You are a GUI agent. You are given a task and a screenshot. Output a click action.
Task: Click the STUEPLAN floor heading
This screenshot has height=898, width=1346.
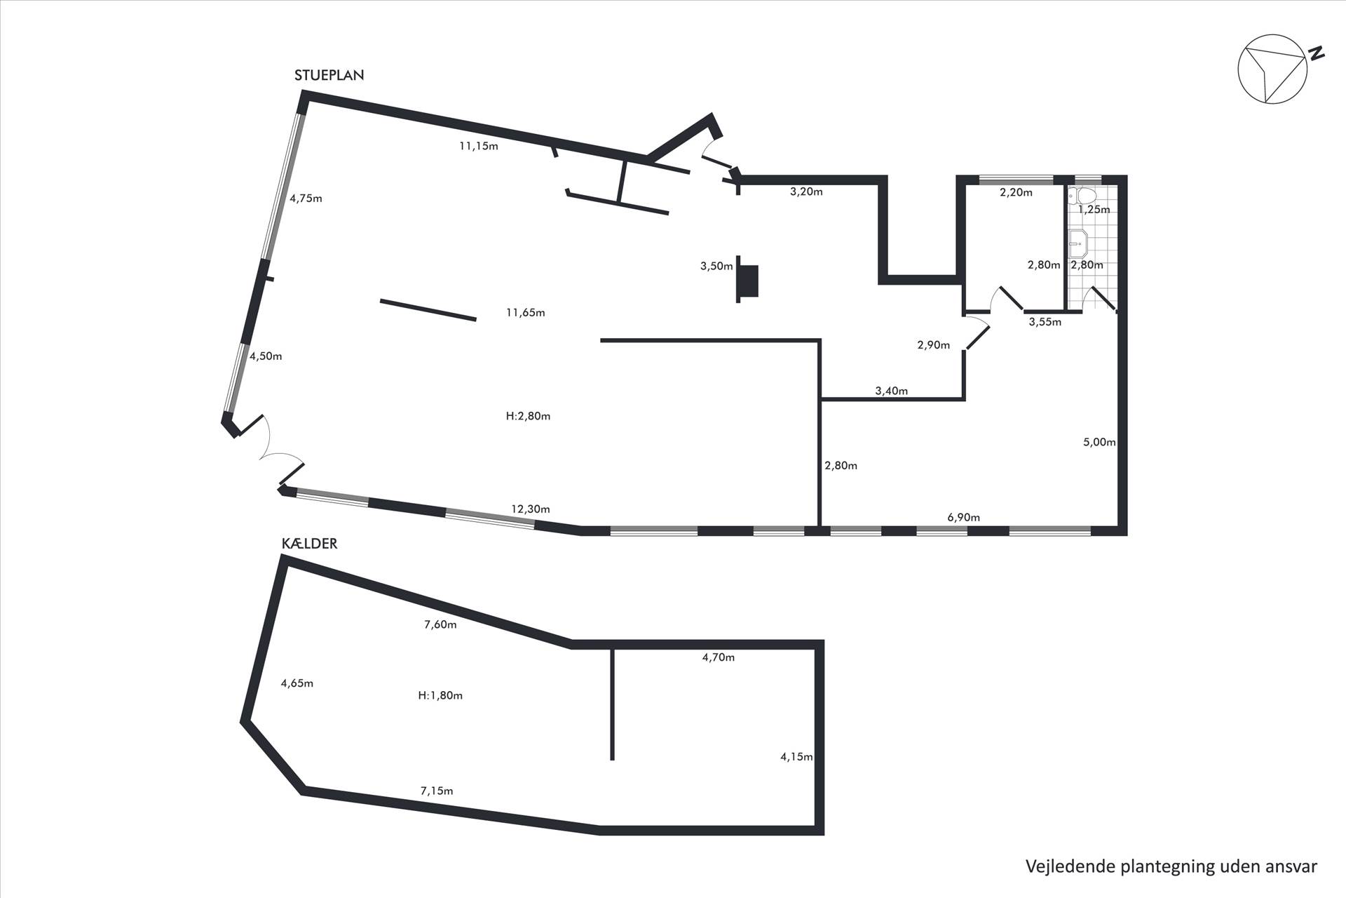(x=329, y=75)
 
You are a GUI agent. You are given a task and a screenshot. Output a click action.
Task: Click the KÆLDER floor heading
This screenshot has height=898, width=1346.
(x=309, y=544)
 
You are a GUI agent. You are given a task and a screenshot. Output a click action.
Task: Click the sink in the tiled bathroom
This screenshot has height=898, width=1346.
(x=1078, y=242)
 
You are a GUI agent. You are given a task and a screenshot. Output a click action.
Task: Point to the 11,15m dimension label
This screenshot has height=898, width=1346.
(x=479, y=147)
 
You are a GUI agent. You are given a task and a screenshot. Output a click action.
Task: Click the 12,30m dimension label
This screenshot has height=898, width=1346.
(x=531, y=509)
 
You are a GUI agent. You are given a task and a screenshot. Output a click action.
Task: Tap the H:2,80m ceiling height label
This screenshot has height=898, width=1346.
(x=528, y=416)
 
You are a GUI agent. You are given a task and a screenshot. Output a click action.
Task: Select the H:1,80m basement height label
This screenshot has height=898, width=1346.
(x=440, y=695)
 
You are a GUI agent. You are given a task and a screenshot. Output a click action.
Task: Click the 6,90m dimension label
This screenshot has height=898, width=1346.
(x=963, y=518)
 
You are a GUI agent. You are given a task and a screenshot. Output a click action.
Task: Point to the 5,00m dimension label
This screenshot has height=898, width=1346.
(x=1099, y=442)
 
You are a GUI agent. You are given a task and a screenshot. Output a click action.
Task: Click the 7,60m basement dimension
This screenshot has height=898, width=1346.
(x=440, y=624)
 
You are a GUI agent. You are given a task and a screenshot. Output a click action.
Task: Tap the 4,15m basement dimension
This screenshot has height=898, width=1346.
(x=796, y=756)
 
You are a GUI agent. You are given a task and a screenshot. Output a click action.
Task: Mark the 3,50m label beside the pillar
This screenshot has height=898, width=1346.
(x=716, y=266)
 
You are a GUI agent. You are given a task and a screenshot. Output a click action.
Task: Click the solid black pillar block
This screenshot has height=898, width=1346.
(x=749, y=281)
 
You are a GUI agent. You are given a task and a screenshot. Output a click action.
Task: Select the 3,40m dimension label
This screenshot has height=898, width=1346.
(x=891, y=391)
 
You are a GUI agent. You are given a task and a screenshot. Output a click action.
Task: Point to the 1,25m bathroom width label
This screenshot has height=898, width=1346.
(x=1094, y=209)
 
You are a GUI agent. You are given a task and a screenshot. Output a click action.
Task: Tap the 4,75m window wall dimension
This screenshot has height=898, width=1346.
(x=306, y=198)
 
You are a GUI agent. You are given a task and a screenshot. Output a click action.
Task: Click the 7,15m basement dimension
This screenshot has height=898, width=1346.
(x=437, y=791)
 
